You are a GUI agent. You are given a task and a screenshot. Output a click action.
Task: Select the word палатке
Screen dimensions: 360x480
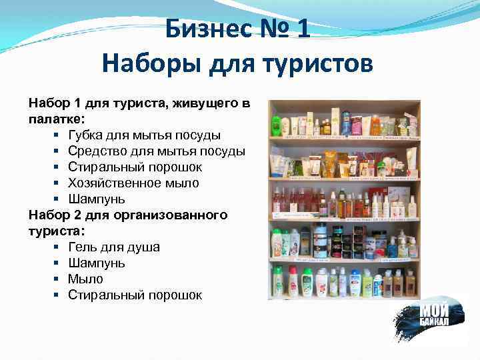click(55, 119)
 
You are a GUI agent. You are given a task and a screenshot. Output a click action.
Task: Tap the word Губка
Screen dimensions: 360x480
click(86, 135)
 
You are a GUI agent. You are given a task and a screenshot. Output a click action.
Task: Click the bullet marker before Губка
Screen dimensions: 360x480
click(57, 135)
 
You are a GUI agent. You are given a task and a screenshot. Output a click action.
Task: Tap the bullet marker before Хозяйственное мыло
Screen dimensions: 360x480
click(57, 183)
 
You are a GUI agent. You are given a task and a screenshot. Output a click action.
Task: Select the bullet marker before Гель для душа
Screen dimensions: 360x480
click(57, 247)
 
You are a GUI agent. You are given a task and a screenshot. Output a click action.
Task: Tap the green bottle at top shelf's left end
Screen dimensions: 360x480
click(276, 125)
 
